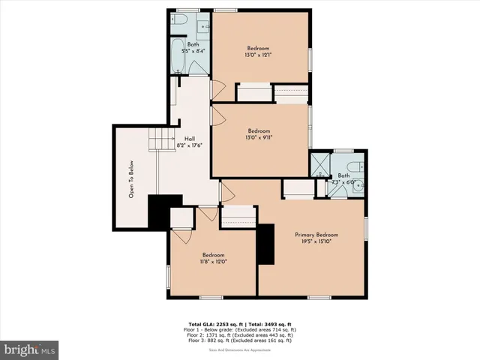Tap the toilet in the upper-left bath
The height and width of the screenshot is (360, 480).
178,22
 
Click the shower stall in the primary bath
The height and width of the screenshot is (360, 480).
319,165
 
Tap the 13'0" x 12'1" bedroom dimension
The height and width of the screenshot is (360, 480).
258,55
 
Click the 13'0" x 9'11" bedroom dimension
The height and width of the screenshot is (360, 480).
258,136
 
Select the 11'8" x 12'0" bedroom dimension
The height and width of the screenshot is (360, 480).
213,262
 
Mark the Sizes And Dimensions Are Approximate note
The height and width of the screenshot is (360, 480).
240,349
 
